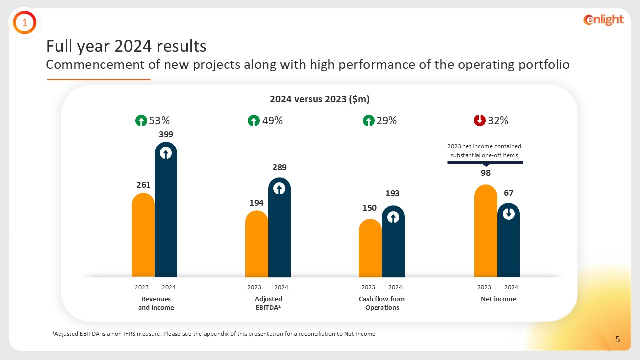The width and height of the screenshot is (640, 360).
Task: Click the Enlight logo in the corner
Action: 603,20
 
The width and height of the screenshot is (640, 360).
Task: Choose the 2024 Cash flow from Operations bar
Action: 393,245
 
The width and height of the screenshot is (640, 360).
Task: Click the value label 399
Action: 166,134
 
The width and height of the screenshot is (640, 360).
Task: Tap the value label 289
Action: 279,167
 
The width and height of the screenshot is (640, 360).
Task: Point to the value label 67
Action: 509,193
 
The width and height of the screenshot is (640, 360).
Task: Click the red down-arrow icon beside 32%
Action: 479,121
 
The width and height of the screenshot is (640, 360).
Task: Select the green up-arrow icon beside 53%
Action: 141,121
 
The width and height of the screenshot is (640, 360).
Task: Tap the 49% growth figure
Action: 272,121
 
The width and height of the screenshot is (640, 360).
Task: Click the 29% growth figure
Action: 386,121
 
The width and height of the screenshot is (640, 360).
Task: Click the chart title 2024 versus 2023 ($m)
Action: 319,99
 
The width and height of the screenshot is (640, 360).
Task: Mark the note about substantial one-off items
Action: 484,151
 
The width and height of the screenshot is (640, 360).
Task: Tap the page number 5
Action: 618,340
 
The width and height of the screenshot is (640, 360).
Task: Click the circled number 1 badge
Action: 24,22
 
